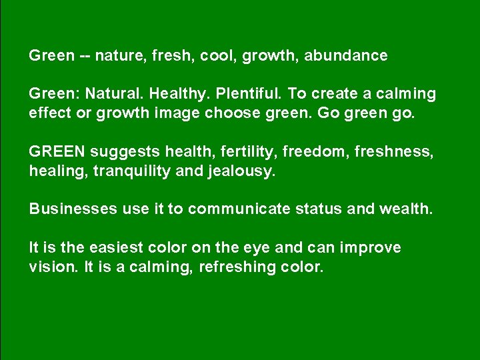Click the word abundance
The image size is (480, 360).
point(345,56)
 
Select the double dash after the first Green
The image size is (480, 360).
point(85,56)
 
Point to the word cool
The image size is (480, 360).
point(219,56)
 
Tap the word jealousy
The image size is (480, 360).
point(243,171)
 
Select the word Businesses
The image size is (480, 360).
point(73,209)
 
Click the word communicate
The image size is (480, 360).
point(239,209)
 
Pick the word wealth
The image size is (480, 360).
point(406,209)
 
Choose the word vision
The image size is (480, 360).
point(49,267)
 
